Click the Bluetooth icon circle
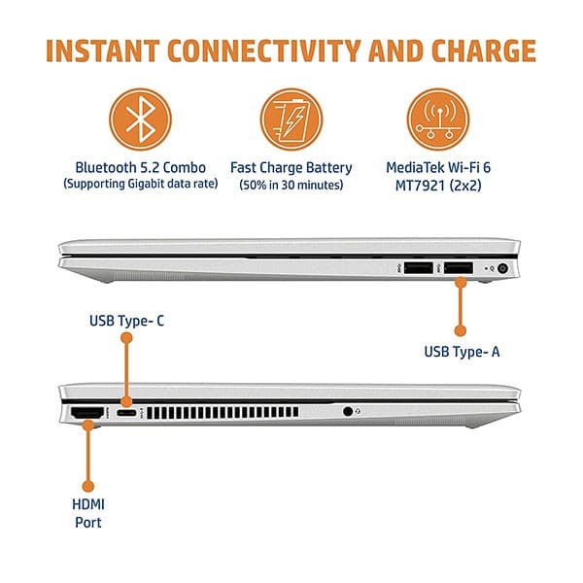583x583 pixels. pyautogui.click(x=141, y=120)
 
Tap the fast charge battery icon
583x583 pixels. pyautogui.click(x=291, y=120)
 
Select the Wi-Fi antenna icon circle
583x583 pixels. pyautogui.click(x=438, y=120)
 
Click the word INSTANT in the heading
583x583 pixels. pyautogui.click(x=103, y=51)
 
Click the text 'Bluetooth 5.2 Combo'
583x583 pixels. pyautogui.click(x=141, y=168)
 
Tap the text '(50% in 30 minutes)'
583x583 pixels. pyautogui.click(x=291, y=185)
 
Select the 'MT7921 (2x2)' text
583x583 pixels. pyautogui.click(x=438, y=186)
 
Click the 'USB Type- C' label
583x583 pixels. pyautogui.click(x=126, y=321)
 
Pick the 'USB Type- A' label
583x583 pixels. pyautogui.click(x=462, y=352)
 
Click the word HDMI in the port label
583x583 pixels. pyautogui.click(x=88, y=504)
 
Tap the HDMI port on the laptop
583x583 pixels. pyautogui.click(x=87, y=413)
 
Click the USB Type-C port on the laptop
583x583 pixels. pyautogui.click(x=126, y=413)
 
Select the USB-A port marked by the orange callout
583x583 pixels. pyautogui.click(x=459, y=268)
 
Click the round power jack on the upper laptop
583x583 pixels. pyautogui.click(x=502, y=268)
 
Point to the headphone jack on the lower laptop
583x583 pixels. pyautogui.click(x=348, y=412)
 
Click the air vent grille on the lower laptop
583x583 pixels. pyautogui.click(x=223, y=413)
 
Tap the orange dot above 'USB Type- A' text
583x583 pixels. pyautogui.click(x=461, y=330)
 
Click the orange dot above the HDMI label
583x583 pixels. pyautogui.click(x=88, y=486)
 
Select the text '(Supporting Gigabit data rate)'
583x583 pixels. pyautogui.click(x=141, y=184)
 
